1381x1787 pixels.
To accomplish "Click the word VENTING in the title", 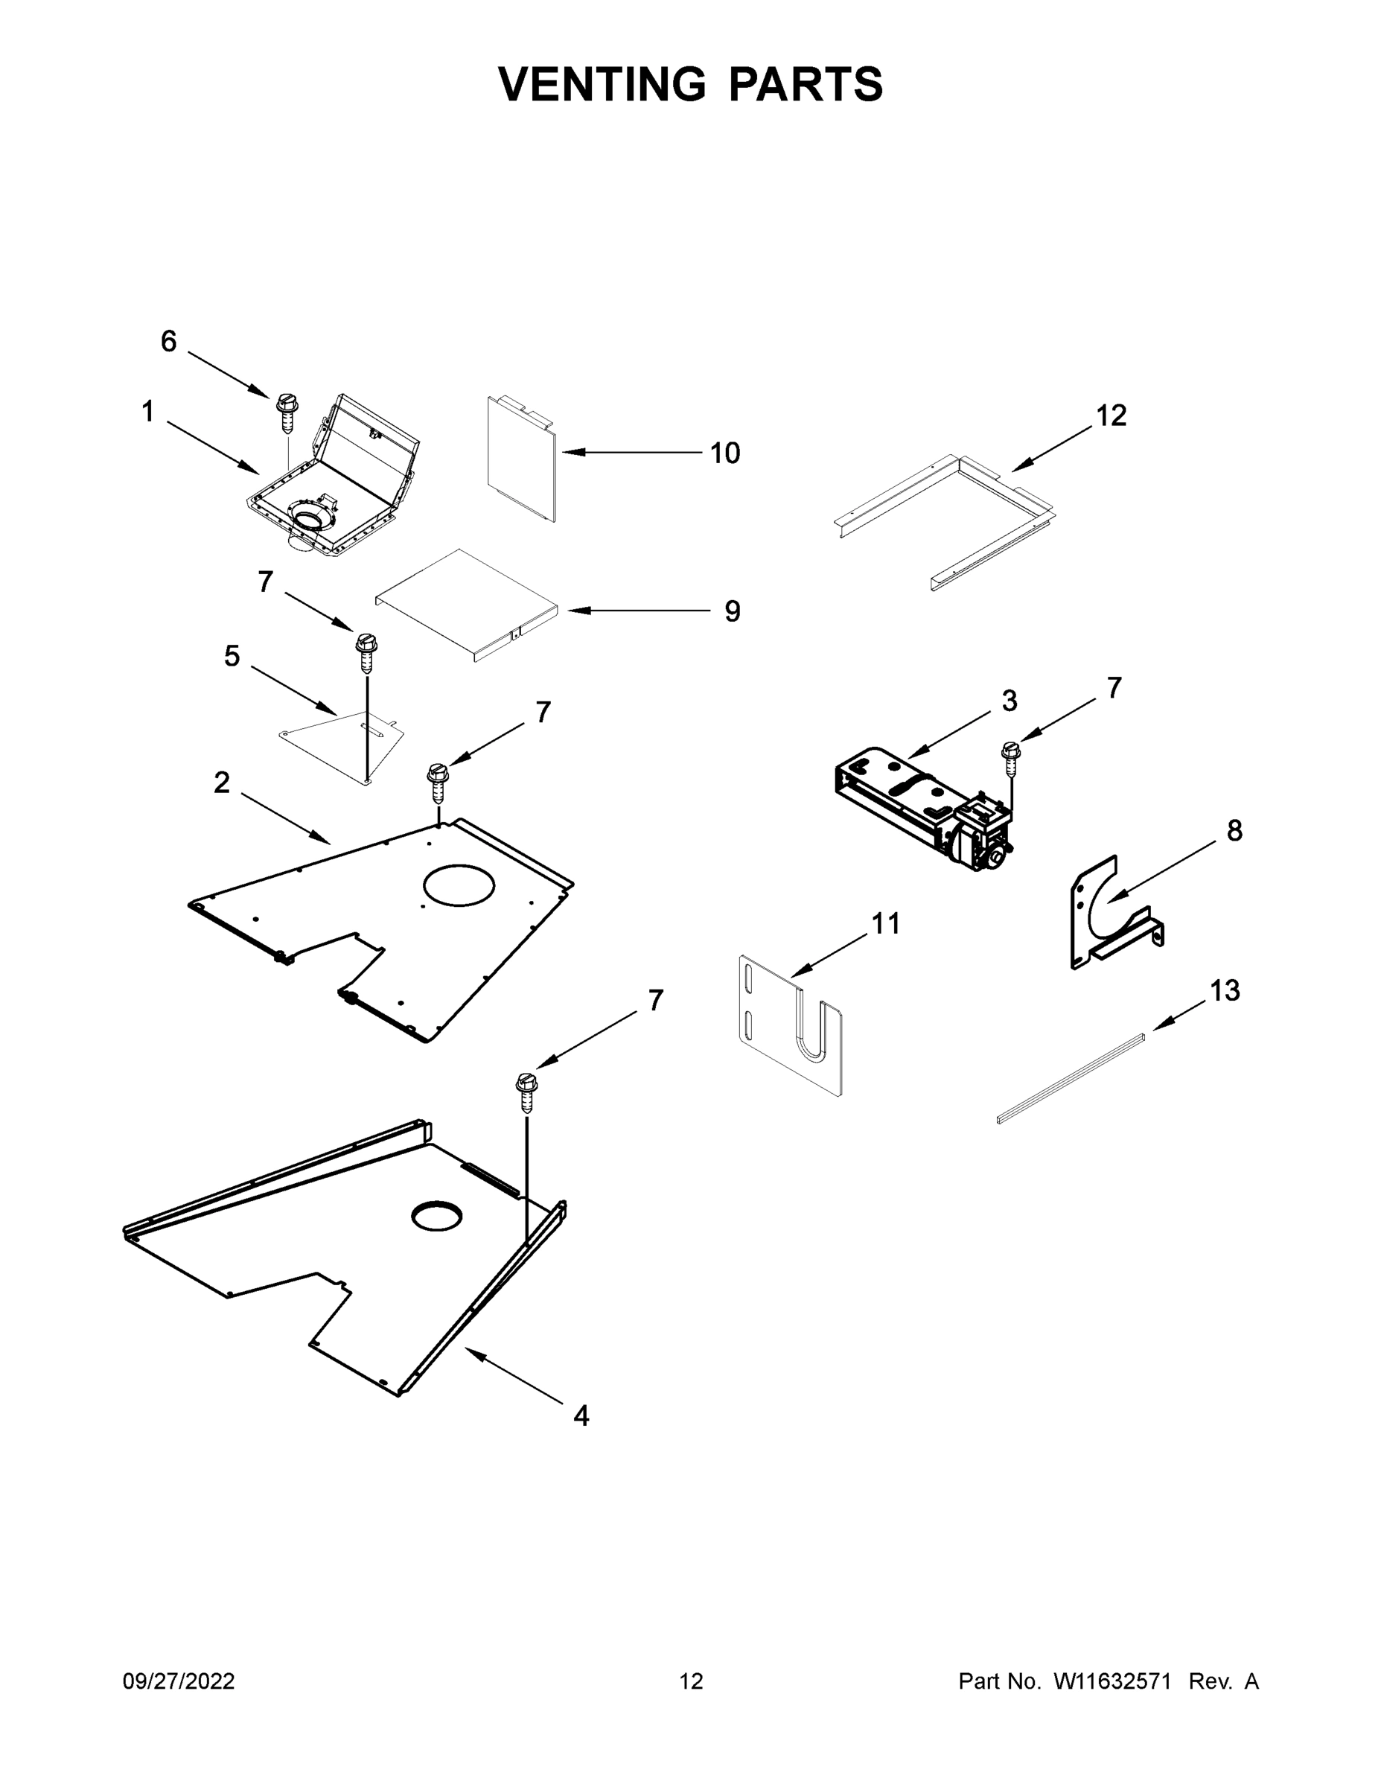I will tap(602, 84).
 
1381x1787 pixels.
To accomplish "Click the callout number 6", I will tap(168, 341).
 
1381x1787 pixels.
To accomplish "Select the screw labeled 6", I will tap(287, 411).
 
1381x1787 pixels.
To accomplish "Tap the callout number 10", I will tap(724, 453).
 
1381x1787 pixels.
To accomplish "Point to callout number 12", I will tap(1111, 415).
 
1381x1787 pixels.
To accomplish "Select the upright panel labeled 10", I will tap(520, 458).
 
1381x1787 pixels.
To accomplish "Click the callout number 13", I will tap(1225, 991).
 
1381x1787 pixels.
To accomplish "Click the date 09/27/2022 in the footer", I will tap(179, 1681).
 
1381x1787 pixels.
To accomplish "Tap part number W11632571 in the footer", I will tap(1112, 1681).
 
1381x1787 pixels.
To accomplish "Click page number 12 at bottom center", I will tap(691, 1681).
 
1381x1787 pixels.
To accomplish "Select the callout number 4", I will tap(581, 1415).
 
